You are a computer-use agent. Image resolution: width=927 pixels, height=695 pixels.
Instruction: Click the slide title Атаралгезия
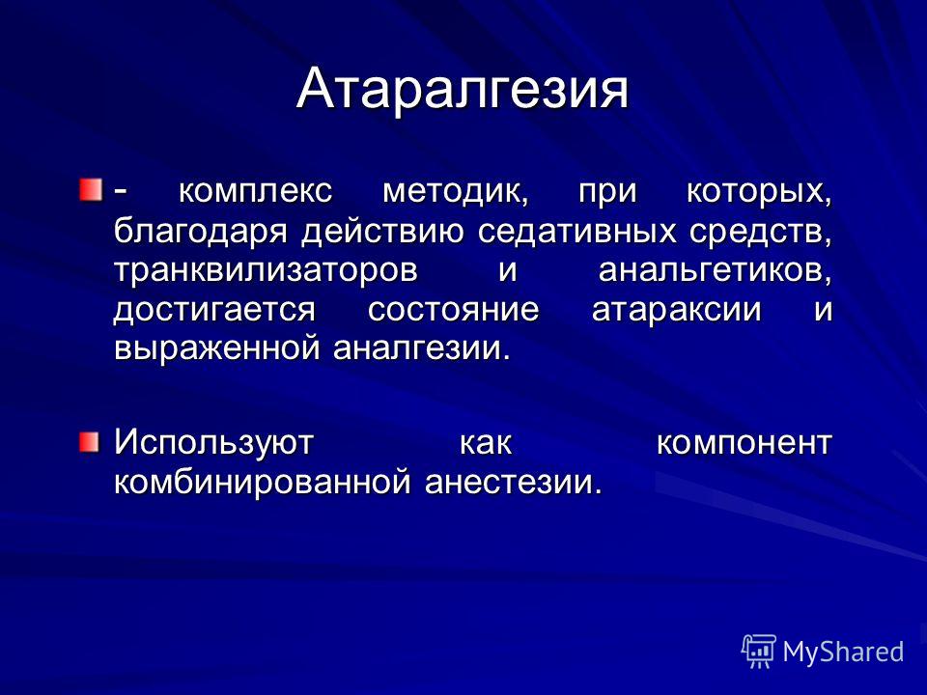pos(462,90)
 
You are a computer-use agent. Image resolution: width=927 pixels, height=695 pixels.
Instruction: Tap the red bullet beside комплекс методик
pos(91,189)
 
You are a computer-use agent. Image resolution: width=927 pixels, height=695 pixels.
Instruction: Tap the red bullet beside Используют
pos(91,442)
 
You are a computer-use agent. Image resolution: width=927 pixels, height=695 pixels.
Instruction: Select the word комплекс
pos(255,191)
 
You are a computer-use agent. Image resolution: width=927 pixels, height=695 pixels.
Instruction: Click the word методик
pos(455,191)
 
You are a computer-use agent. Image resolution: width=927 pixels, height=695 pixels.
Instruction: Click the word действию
pos(383,232)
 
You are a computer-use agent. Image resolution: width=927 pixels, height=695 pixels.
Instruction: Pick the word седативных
pos(576,231)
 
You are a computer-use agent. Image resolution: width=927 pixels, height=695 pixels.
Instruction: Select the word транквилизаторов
pos(267,270)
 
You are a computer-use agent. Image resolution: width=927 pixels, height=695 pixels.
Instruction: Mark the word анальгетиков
pos(716,270)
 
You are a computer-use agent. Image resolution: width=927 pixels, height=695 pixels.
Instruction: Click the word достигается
pos(214,310)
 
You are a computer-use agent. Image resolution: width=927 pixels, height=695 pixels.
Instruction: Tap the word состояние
pos(454,309)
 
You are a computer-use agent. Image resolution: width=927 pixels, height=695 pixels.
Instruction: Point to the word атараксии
pos(676,310)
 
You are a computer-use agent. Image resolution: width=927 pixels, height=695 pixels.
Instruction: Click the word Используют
pos(213,442)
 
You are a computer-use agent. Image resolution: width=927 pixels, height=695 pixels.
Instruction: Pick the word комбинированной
pos(262,482)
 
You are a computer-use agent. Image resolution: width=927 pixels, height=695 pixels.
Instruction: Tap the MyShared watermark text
pos(843,652)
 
